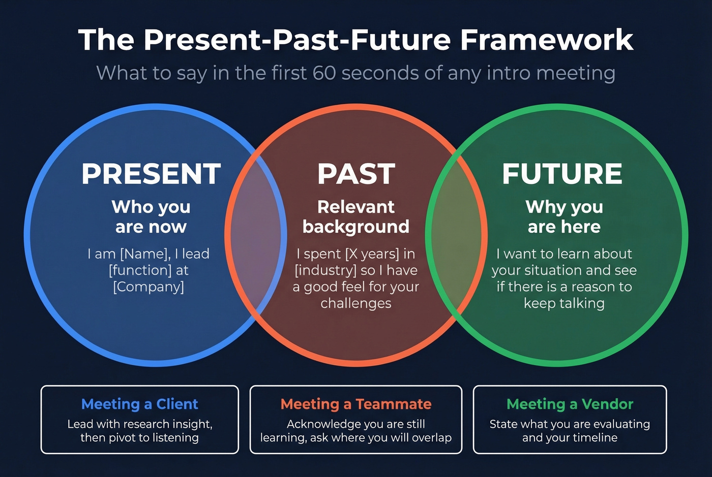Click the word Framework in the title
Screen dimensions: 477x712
[547, 40]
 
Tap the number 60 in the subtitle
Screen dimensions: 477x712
[324, 73]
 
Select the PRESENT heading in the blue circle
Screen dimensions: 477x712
[151, 174]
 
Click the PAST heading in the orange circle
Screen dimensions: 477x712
[356, 174]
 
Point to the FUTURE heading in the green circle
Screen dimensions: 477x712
[562, 174]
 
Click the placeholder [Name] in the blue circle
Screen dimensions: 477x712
[145, 254]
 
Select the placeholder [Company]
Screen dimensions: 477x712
[149, 287]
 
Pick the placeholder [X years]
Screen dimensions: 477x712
[372, 254]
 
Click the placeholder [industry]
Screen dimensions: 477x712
[325, 270]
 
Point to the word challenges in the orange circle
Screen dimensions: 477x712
[356, 303]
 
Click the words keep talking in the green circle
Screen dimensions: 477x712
[564, 303]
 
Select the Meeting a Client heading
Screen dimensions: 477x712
[139, 404]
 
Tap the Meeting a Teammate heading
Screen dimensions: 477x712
[356, 404]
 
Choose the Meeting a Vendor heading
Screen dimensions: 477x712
[570, 404]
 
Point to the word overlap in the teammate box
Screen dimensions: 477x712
[430, 438]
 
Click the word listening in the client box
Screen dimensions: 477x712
[171, 438]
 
